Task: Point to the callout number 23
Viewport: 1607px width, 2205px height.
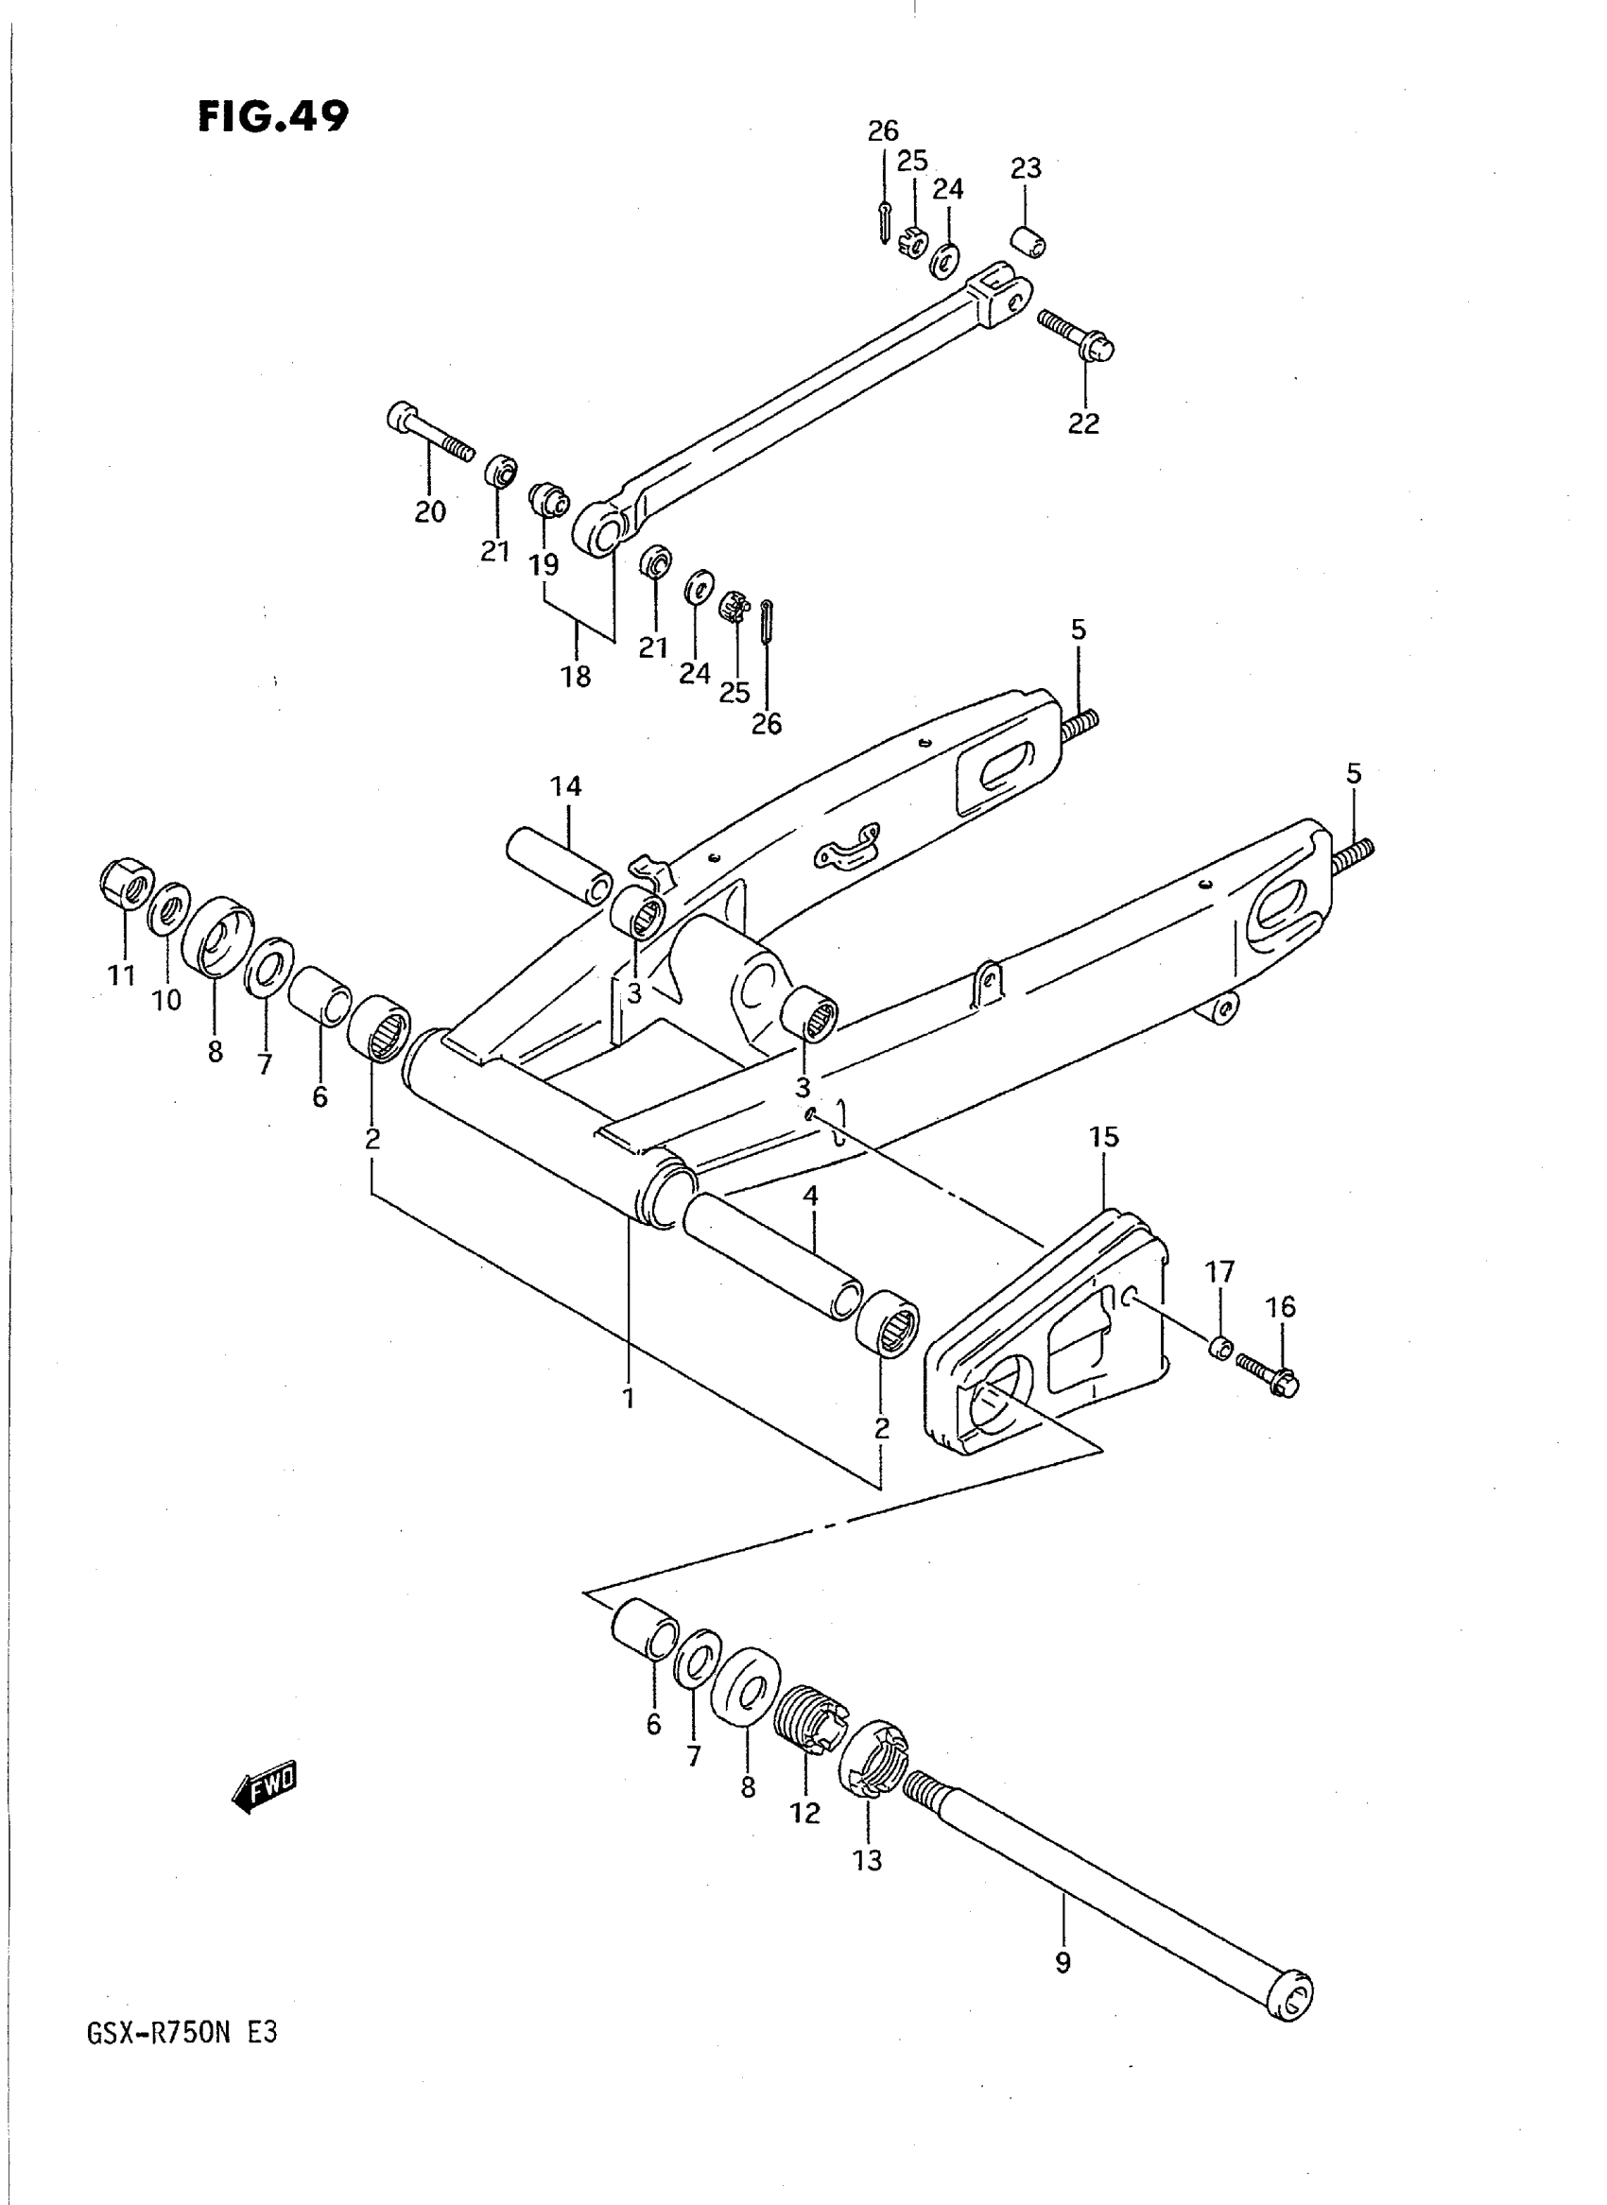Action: click(x=1026, y=168)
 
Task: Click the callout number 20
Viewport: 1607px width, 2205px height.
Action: click(x=430, y=510)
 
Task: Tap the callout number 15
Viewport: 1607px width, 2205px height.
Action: click(x=1104, y=1136)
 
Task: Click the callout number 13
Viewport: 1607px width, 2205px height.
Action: click(x=867, y=1859)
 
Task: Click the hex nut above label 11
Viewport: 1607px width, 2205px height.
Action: click(x=126, y=883)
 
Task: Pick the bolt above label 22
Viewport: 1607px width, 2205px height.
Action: click(x=1076, y=334)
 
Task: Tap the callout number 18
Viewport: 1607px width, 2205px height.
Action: click(x=576, y=676)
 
